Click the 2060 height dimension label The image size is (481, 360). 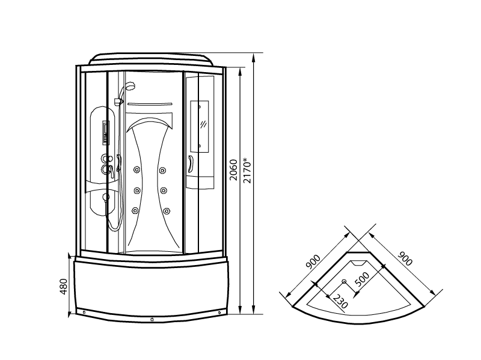point(234,170)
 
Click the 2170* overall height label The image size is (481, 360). point(247,171)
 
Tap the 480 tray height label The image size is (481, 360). point(63,287)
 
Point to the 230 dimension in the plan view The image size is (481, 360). point(340,302)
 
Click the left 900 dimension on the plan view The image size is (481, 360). point(313,262)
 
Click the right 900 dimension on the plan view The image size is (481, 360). point(405,258)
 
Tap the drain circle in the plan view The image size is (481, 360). point(344,281)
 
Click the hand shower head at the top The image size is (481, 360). point(131,85)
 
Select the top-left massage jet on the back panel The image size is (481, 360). point(136,169)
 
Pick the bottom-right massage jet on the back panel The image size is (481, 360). point(167,211)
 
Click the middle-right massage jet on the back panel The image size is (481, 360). point(163,191)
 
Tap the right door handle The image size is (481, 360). point(191,163)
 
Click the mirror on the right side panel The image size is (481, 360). point(200,126)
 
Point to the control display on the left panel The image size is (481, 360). point(106,132)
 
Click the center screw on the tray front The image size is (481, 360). point(152,320)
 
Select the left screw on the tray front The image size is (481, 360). point(84,312)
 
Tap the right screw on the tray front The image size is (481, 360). point(219,313)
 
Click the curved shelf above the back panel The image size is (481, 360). point(150,103)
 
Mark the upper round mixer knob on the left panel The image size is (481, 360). point(106,158)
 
